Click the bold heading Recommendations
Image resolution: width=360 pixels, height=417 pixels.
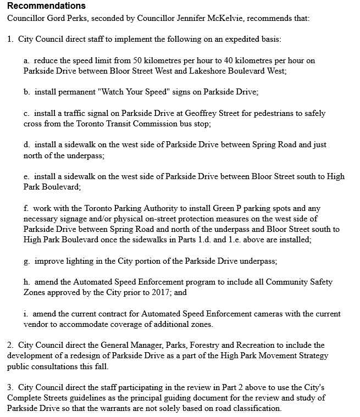(46, 6)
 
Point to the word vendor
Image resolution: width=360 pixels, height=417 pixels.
(35, 325)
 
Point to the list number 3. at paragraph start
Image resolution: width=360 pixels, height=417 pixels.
(10, 388)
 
